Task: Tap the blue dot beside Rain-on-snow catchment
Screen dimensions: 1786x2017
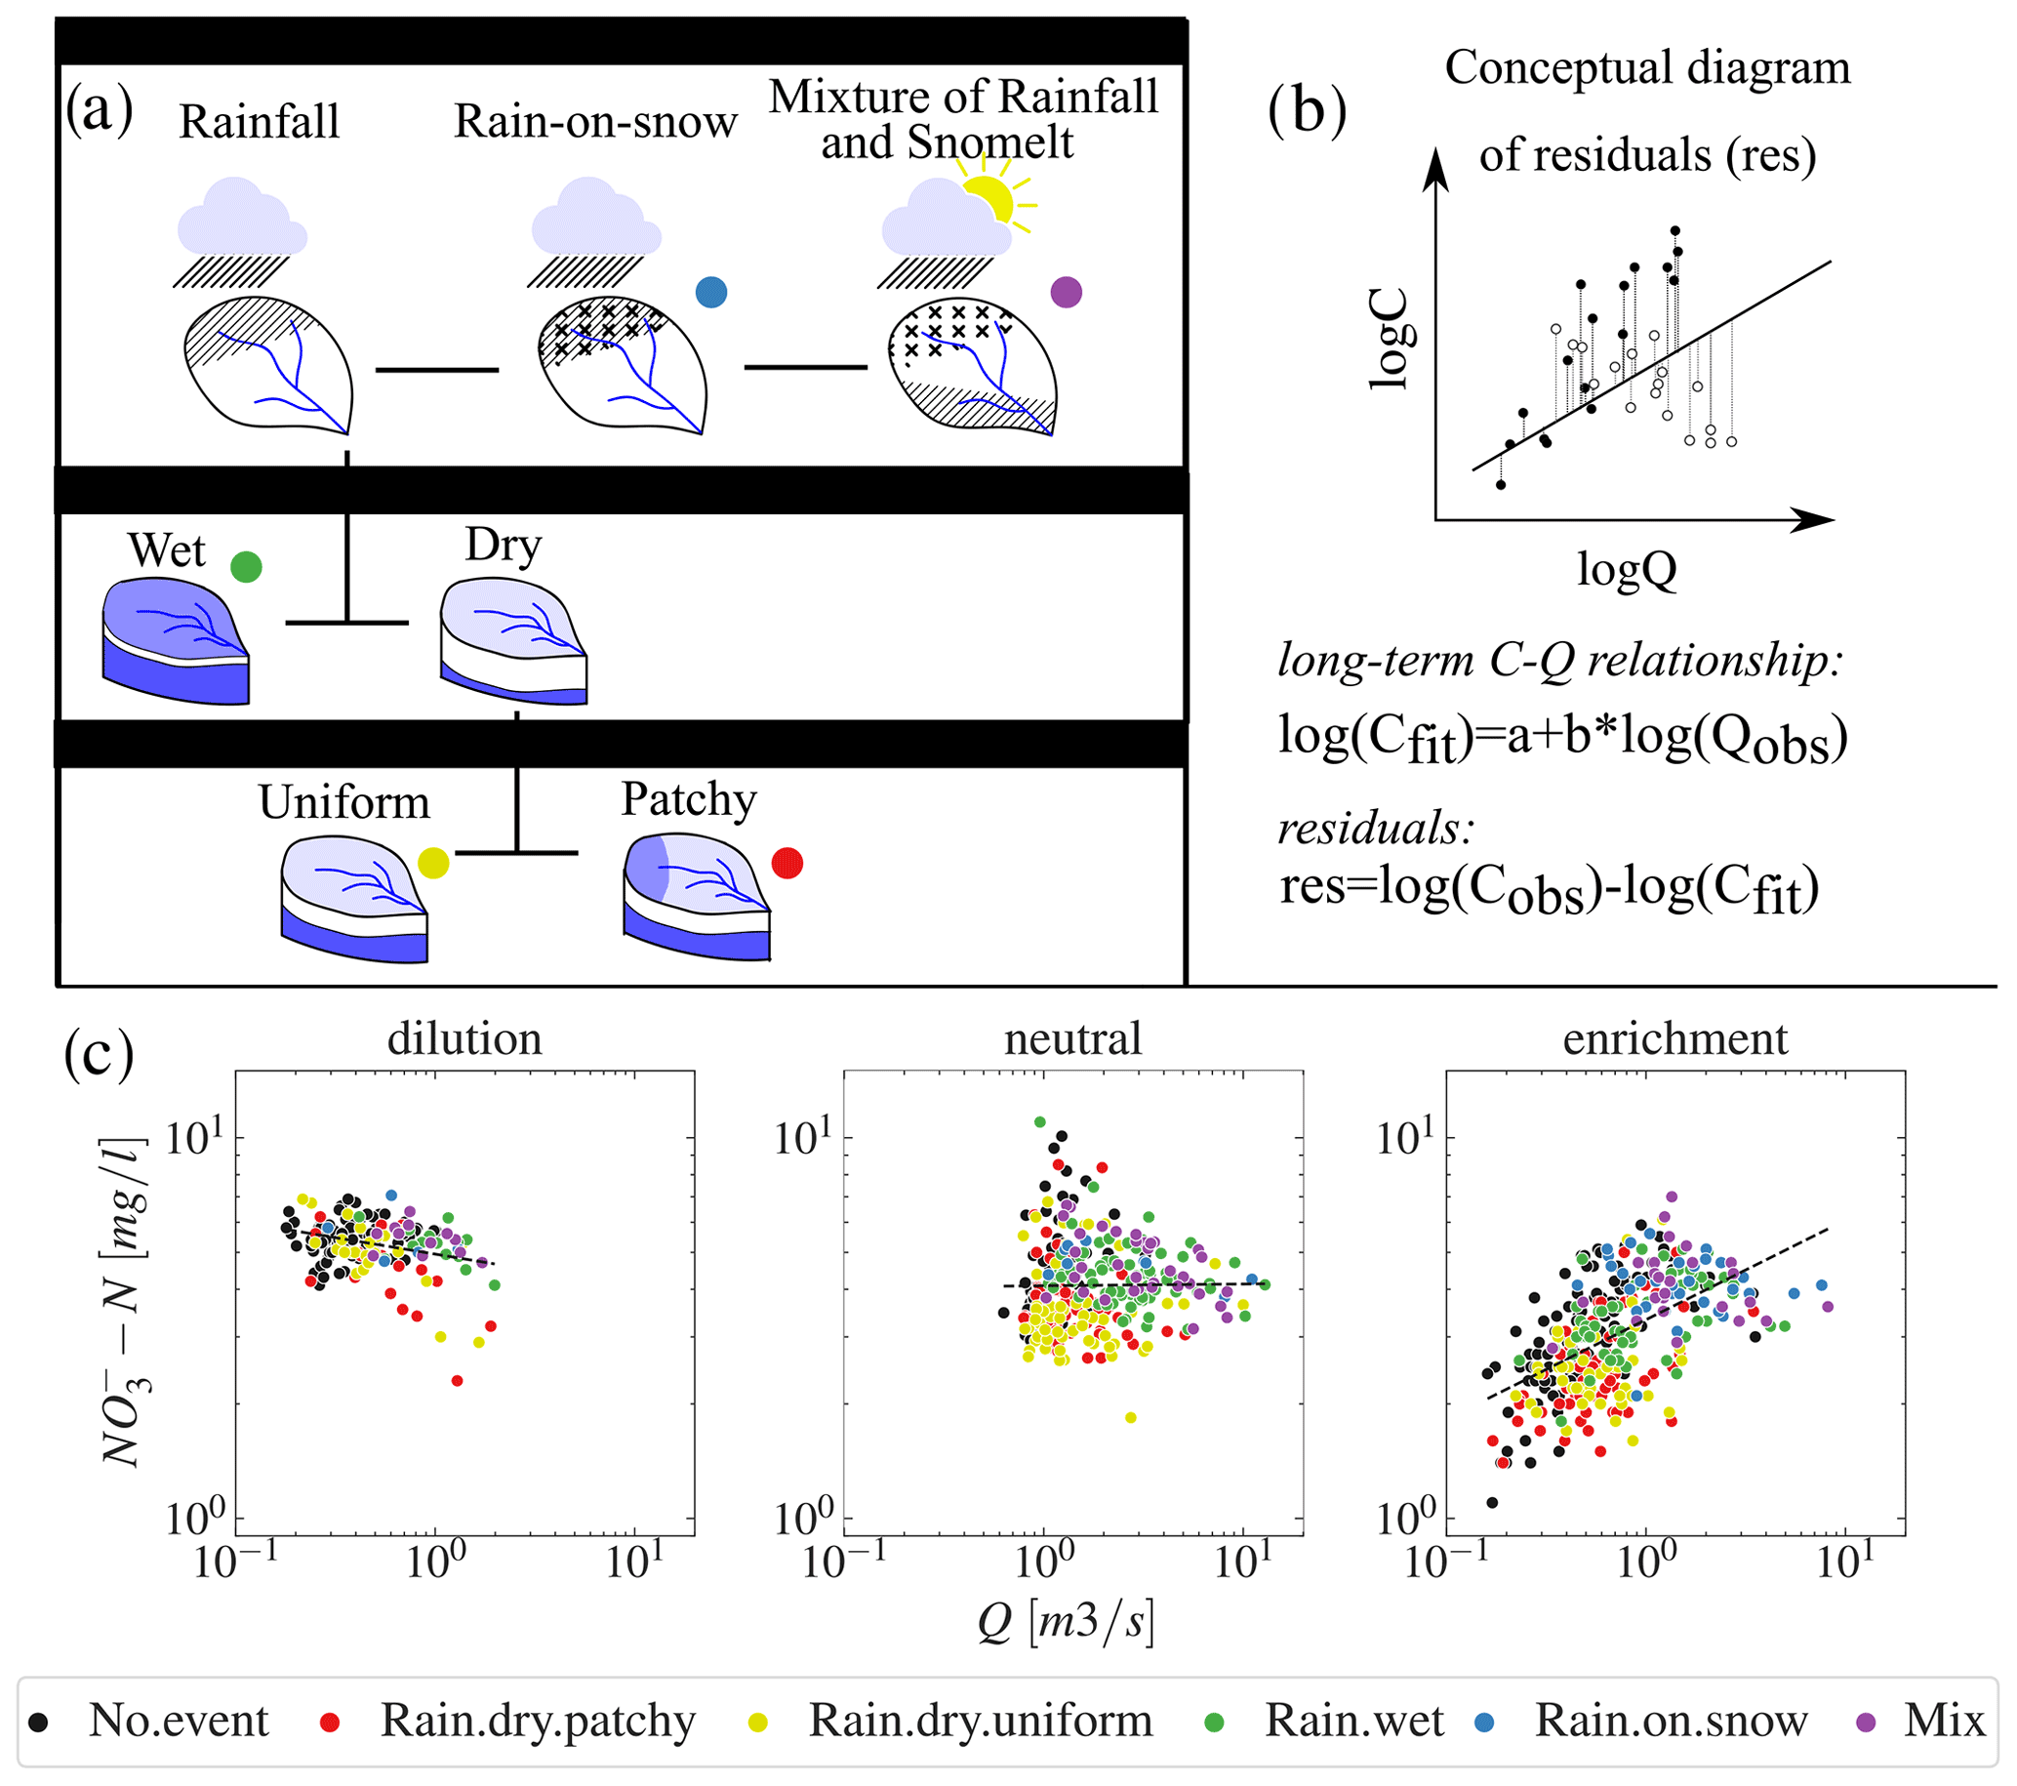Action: (x=711, y=292)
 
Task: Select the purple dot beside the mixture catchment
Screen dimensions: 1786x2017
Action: (x=1067, y=292)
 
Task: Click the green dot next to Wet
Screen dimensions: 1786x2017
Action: (x=246, y=566)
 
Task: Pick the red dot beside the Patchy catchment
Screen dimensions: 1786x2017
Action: (x=787, y=864)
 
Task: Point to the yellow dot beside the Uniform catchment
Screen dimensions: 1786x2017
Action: (x=433, y=863)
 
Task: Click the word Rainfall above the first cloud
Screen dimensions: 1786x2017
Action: (x=260, y=122)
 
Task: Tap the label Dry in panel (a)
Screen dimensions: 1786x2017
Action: (x=504, y=546)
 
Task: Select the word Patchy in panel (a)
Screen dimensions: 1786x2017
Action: (x=689, y=800)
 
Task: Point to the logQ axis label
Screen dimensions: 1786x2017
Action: (x=1627, y=569)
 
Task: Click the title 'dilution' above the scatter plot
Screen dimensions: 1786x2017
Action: (x=464, y=1039)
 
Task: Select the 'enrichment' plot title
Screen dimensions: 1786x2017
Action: (x=1674, y=1039)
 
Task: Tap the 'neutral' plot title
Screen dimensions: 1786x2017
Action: (x=1072, y=1039)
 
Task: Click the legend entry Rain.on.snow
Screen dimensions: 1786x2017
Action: (x=1671, y=1720)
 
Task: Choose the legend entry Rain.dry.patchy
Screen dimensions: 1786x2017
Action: (x=538, y=1720)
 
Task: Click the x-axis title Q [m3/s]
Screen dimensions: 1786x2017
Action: (x=1066, y=1621)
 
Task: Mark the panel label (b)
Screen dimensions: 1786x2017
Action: (x=1307, y=111)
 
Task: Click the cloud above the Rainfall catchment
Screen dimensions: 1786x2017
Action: (x=242, y=217)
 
